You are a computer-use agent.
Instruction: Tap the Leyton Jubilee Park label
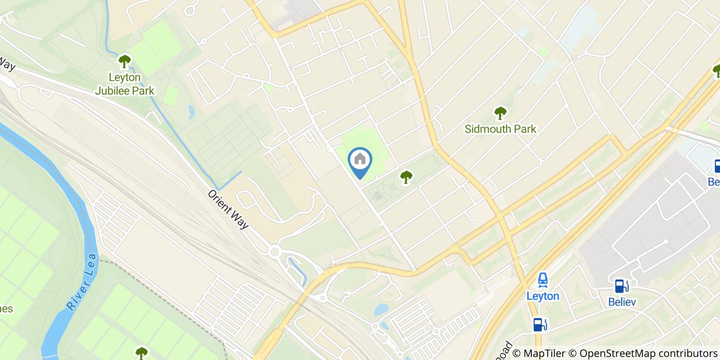point(125,84)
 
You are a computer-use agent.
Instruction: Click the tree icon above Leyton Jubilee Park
point(124,62)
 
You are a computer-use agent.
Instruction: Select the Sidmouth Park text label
point(500,129)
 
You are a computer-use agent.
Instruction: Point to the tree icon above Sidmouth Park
point(500,113)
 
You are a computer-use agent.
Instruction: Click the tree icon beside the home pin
point(406,177)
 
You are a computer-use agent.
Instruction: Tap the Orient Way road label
point(228,210)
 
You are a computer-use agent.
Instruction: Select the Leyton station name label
point(543,296)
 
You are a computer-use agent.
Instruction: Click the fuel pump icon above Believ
point(621,286)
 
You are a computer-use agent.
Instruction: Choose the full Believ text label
point(622,302)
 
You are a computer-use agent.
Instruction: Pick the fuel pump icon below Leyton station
point(539,324)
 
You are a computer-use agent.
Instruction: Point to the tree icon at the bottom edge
point(141,353)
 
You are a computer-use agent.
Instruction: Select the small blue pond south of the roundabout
point(381,310)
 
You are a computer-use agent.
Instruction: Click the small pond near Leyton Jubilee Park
point(191,112)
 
